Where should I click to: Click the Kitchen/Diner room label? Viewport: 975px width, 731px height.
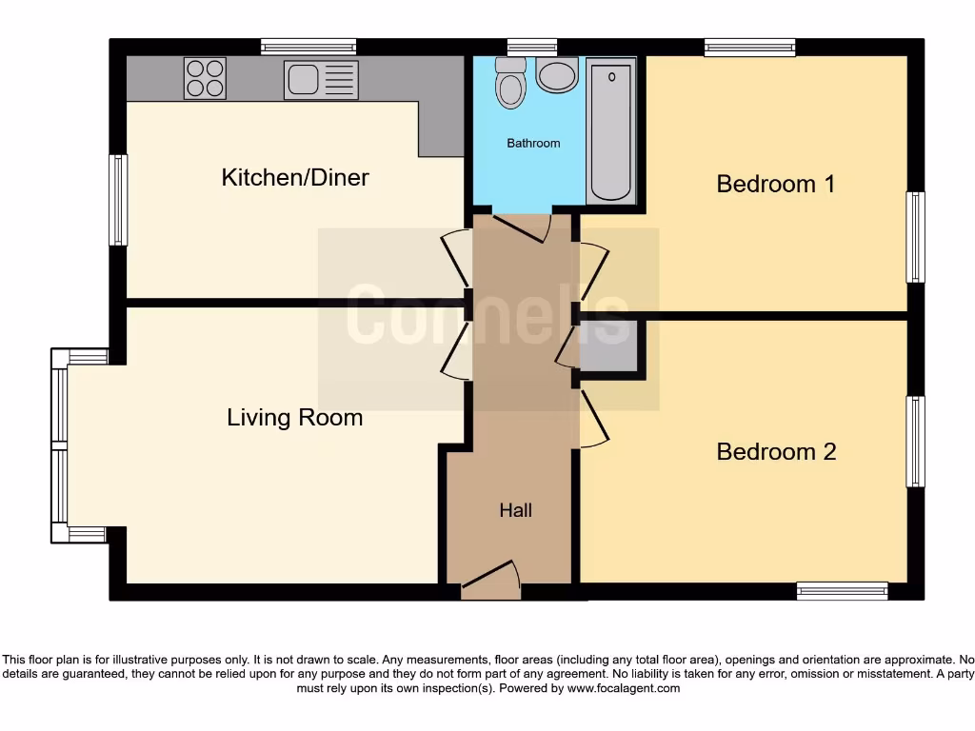[295, 177]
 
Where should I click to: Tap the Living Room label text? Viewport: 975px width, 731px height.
[294, 417]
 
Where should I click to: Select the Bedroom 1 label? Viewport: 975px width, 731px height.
[775, 183]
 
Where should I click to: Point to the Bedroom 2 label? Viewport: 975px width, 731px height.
[776, 451]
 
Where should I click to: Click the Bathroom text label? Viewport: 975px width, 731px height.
[533, 144]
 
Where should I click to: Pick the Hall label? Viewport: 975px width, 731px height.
[515, 511]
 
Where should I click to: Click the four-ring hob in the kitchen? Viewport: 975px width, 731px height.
[205, 78]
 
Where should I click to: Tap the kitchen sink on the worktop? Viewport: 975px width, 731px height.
[320, 79]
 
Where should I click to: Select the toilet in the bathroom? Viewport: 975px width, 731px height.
[511, 84]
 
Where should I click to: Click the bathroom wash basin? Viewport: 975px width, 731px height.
[556, 74]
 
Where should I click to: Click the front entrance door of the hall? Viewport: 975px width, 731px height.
[491, 581]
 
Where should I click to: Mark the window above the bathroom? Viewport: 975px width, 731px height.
[531, 46]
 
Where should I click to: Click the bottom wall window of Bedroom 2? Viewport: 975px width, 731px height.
[842, 591]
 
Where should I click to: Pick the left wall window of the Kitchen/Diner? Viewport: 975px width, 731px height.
[118, 200]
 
